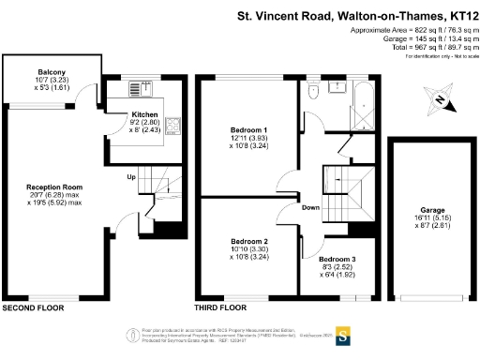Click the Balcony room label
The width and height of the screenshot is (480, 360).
(52, 71)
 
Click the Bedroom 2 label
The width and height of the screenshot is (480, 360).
(249, 241)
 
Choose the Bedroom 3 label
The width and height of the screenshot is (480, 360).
(337, 258)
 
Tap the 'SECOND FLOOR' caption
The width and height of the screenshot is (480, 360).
(33, 307)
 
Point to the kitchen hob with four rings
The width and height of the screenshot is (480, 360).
(175, 124)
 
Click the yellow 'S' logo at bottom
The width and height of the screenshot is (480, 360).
(343, 334)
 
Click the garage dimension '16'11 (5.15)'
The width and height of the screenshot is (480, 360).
(432, 218)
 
